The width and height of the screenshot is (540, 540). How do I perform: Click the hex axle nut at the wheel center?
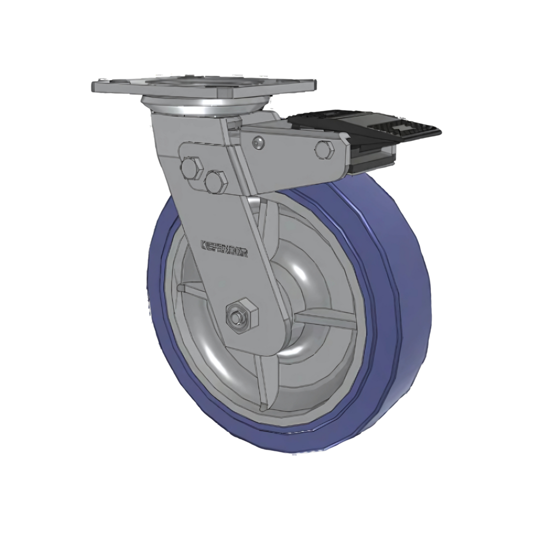pyautogui.click(x=241, y=314)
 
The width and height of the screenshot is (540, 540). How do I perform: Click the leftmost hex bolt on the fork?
pyautogui.click(x=191, y=167)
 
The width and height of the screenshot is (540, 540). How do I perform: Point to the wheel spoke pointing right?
pyautogui.click(x=325, y=320)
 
